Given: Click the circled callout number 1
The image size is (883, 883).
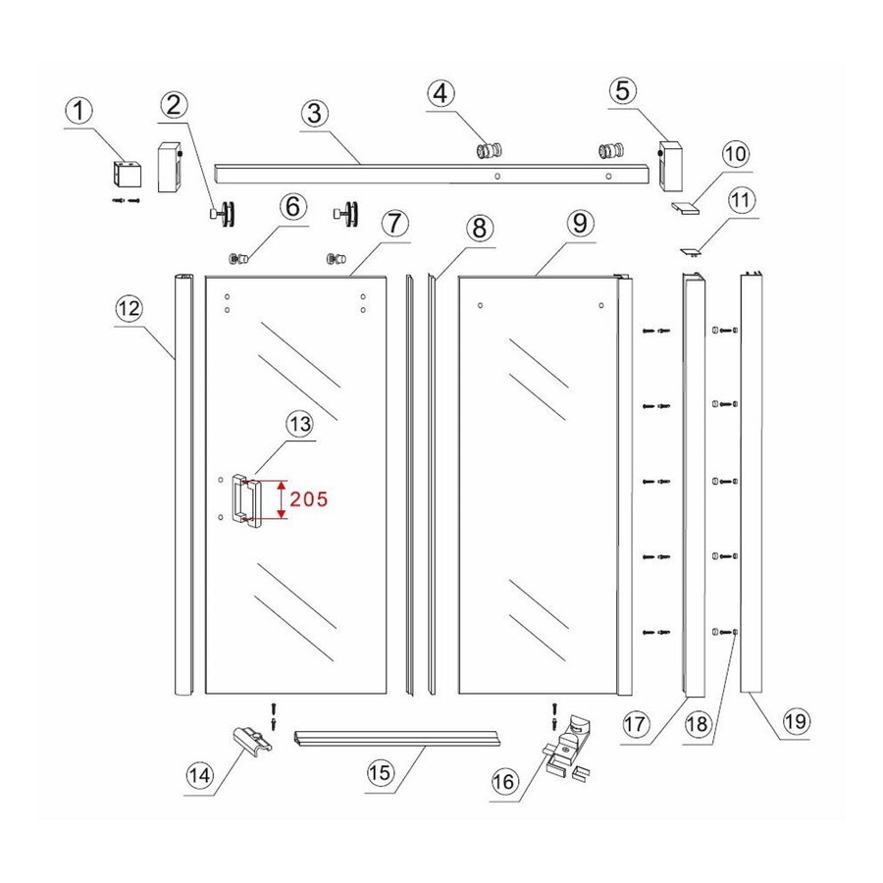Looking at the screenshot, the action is tap(79, 110).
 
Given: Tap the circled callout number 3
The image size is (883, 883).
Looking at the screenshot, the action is tap(315, 113).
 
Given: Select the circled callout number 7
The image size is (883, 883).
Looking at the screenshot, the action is tap(394, 224).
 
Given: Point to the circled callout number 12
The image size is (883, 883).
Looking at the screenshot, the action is tap(130, 308).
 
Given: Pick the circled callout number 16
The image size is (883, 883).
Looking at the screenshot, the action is tap(504, 781).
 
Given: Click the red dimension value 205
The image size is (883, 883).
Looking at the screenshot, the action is tap(309, 499).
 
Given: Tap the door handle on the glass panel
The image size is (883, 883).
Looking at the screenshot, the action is tap(246, 500).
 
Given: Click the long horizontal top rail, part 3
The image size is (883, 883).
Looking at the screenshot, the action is tap(432, 174).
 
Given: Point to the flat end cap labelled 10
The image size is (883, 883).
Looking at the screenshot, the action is tap(686, 208).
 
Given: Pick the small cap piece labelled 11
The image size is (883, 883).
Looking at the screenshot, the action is tap(691, 252).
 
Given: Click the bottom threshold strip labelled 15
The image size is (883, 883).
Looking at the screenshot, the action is tap(397, 740).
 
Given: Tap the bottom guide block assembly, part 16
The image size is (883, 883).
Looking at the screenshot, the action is tap(568, 748).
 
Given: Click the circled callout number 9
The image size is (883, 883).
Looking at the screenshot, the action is tap(580, 223).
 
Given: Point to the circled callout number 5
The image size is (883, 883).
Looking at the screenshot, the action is tap(622, 90).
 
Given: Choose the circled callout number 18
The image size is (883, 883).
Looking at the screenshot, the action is tap(698, 724).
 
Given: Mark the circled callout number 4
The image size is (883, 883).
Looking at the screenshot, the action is tap(441, 93).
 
